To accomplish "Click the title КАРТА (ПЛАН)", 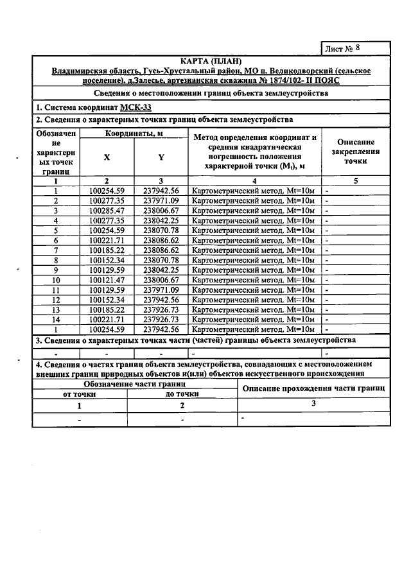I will click(211, 60).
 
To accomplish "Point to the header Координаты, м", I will click(134, 133).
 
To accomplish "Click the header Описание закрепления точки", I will click(355, 152).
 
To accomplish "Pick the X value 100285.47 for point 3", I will click(107, 210).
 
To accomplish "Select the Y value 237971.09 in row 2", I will click(161, 200).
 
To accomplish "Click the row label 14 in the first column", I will click(57, 319).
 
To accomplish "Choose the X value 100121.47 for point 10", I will click(107, 280).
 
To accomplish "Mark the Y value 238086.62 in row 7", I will click(161, 250).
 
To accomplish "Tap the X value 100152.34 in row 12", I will click(107, 299).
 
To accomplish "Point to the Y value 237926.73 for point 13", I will click(161, 309).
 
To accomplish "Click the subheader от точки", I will click(80, 394).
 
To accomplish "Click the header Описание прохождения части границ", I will click(313, 388).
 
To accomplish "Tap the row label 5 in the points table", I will click(57, 230).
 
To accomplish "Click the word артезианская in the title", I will click(191, 82).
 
